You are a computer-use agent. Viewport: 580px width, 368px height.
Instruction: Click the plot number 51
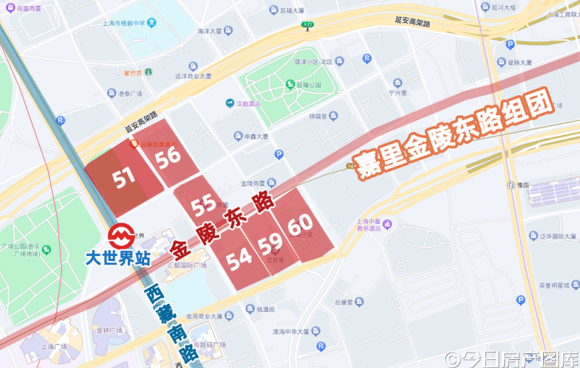coord(123,178)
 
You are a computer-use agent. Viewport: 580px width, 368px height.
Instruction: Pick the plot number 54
coord(239,260)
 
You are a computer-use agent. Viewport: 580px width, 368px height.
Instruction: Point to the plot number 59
coord(270,242)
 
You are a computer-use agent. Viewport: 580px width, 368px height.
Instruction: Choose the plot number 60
coord(300,222)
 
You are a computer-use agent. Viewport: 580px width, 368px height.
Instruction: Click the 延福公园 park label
coord(309,86)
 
